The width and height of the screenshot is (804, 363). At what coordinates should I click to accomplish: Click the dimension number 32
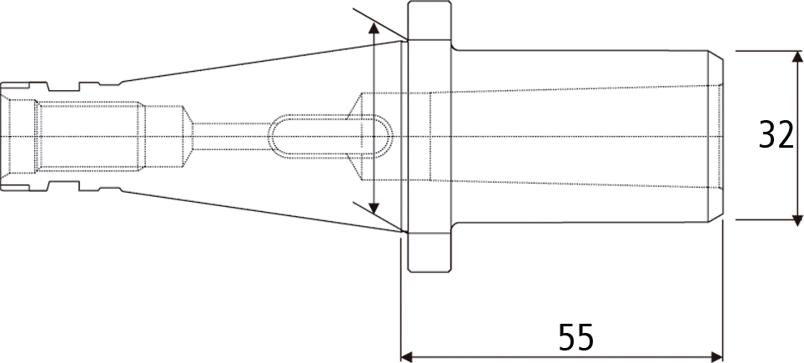point(776,135)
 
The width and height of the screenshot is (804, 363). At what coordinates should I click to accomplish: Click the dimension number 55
point(575,337)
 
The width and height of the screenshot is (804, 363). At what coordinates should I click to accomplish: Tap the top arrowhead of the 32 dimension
point(797,57)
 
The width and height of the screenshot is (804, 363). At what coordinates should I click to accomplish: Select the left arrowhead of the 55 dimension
point(406,356)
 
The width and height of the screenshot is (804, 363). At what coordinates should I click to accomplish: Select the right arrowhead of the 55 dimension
point(716,356)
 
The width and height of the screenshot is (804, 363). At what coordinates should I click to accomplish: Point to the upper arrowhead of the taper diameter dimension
point(374,29)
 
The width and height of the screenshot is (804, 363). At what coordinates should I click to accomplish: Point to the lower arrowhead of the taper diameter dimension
point(374,208)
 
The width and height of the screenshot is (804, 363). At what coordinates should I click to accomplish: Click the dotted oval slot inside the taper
point(330,136)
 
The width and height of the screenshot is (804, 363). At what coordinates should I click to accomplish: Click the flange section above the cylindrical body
point(430,21)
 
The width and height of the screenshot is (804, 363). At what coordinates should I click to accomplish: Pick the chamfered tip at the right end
point(716,136)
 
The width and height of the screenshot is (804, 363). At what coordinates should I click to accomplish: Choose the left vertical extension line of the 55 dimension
point(400,297)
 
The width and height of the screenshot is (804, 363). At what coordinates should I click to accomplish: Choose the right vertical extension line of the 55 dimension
point(722,291)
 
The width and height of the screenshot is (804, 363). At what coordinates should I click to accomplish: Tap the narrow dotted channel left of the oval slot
point(231,136)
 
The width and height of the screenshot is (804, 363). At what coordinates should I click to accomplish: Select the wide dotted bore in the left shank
point(90,136)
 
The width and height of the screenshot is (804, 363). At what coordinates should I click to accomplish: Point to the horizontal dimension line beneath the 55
point(561,356)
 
